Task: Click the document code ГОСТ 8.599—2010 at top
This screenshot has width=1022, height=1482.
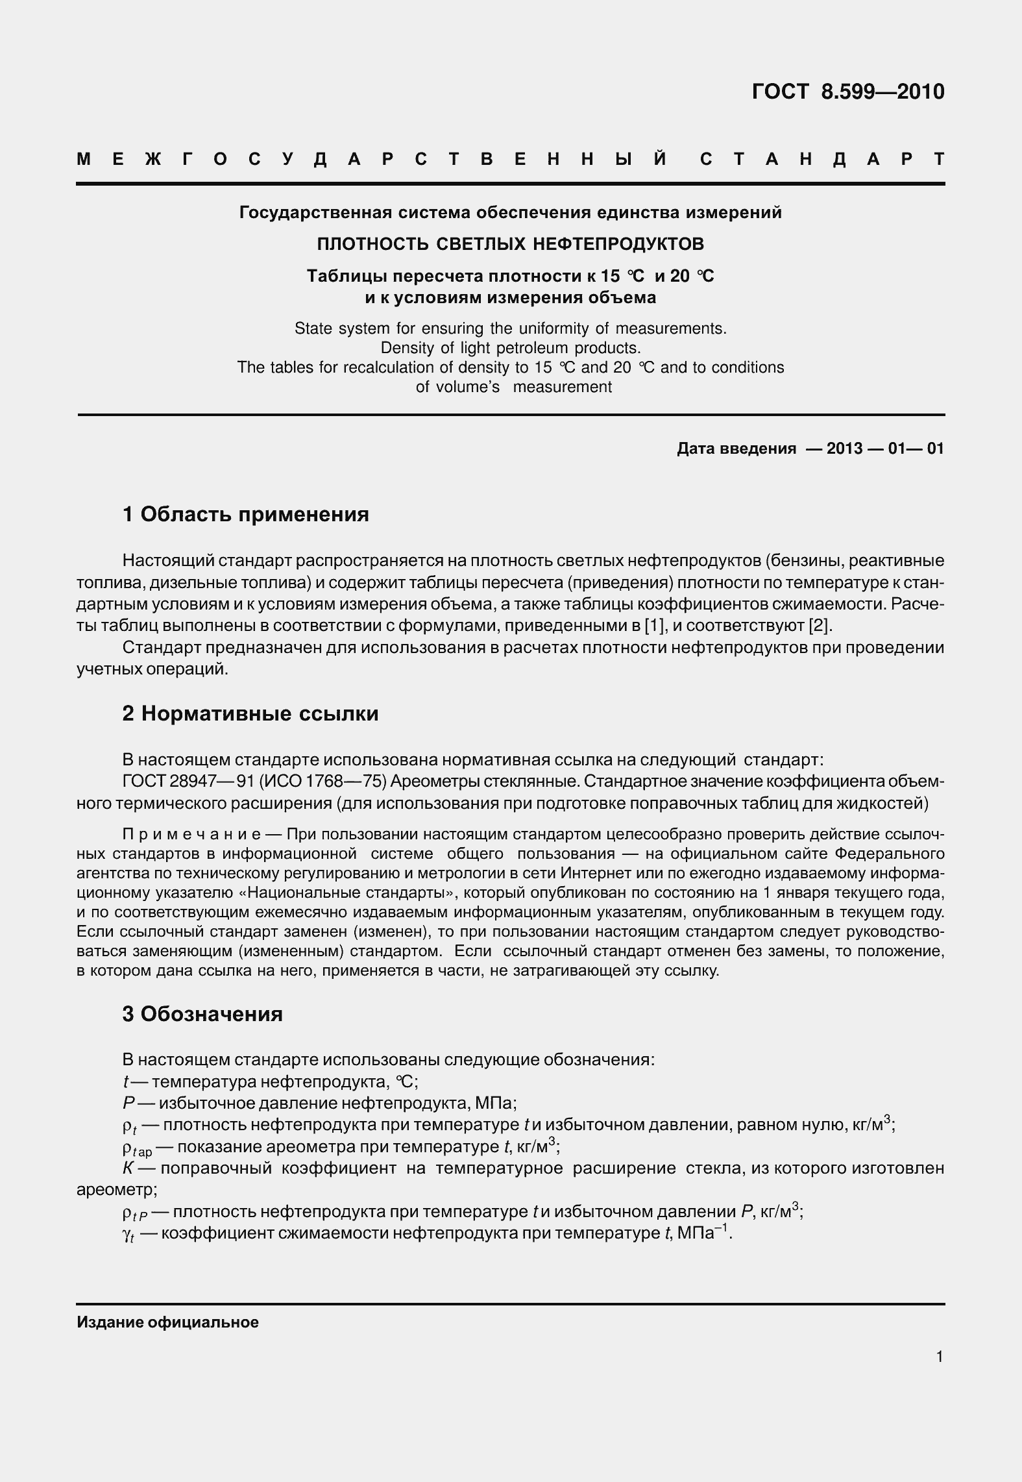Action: point(847,92)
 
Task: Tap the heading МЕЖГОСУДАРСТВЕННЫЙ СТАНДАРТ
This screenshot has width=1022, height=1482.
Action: point(510,160)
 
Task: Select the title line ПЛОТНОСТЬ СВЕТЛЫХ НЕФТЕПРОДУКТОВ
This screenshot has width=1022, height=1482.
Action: point(510,244)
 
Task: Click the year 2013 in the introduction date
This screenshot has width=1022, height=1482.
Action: point(844,449)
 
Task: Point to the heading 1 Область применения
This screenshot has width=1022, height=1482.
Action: point(245,514)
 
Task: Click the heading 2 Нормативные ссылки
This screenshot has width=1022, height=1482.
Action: point(250,714)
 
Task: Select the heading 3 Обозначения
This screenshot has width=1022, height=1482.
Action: point(202,1014)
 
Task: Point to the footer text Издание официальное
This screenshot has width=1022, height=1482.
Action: point(167,1322)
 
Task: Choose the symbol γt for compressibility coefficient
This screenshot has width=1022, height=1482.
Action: point(128,1235)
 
